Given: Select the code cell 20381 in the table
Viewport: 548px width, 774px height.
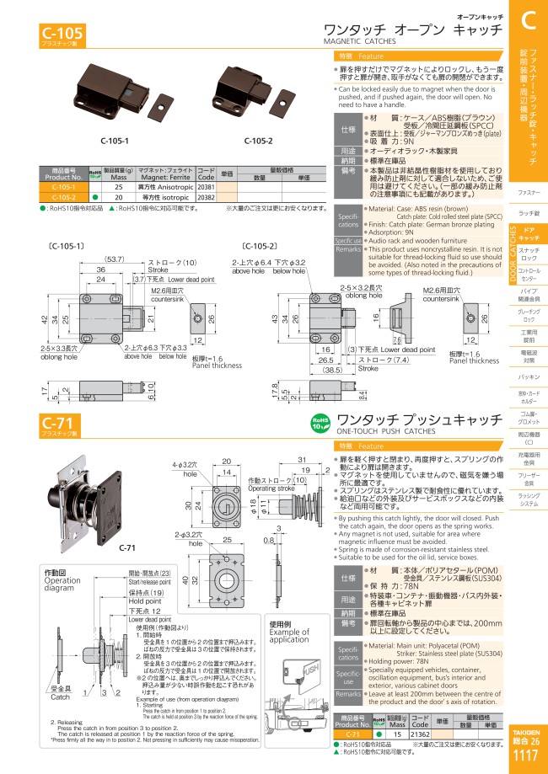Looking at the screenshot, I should click(206, 187).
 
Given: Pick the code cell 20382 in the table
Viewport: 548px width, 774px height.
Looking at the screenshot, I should click(206, 196).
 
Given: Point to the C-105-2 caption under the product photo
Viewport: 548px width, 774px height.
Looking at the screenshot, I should click(258, 141).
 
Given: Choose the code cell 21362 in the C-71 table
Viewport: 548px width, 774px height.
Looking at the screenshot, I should click(418, 734).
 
